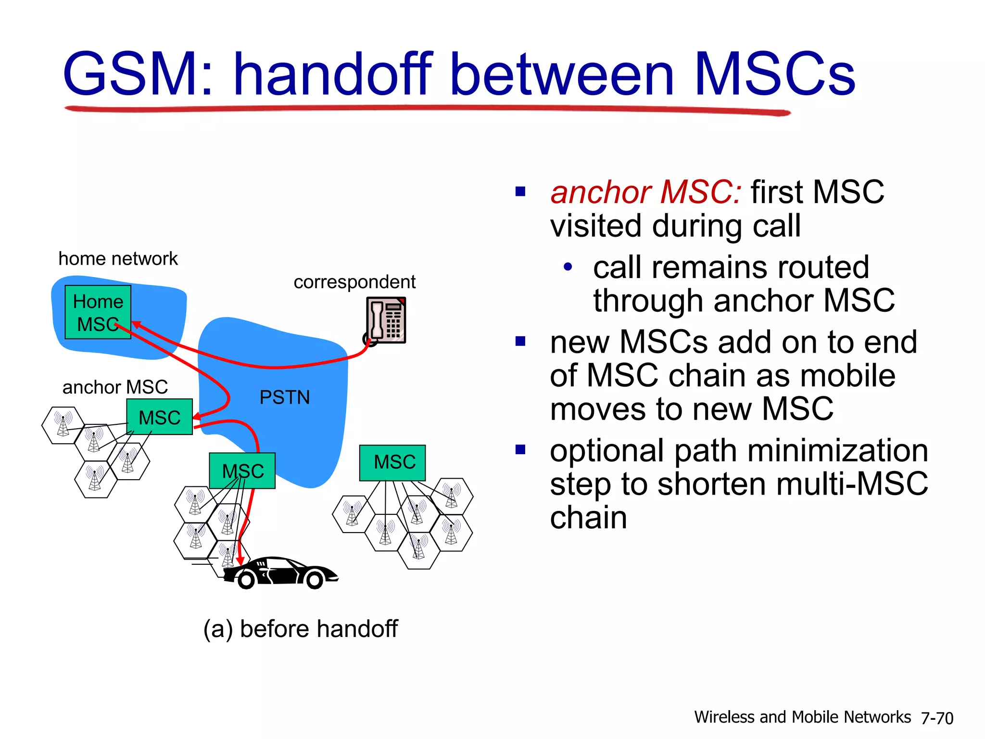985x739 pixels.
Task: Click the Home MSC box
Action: (x=98, y=312)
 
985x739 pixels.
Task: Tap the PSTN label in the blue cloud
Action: (x=284, y=397)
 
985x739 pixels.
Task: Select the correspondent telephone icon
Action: (x=386, y=320)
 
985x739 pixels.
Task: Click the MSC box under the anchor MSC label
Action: (x=159, y=417)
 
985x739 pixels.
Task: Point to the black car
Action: (x=281, y=573)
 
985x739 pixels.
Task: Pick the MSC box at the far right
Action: (x=392, y=462)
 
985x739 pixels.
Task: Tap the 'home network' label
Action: (x=118, y=259)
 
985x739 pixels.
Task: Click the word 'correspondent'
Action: (x=354, y=282)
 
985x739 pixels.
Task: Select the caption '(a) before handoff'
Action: (x=301, y=629)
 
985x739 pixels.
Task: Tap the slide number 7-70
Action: (x=936, y=718)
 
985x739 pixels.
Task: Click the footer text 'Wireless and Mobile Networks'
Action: (x=802, y=717)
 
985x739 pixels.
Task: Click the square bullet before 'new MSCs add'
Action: (x=520, y=342)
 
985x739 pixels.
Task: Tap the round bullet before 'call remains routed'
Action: (x=568, y=267)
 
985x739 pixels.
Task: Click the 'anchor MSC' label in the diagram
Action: (x=115, y=387)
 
